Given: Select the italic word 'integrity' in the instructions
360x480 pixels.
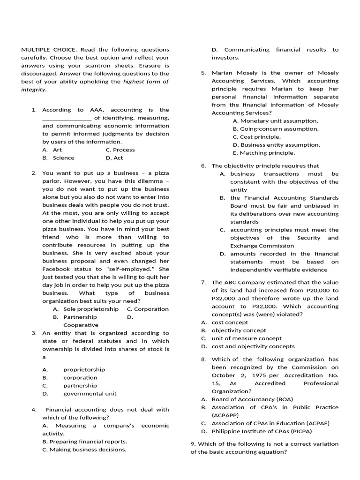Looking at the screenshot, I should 33,89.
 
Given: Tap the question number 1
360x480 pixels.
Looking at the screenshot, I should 34,110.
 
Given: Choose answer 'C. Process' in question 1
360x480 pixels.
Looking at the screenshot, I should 120,150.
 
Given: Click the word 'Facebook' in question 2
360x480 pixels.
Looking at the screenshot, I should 55,269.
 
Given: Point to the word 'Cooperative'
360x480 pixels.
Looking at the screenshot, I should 81,325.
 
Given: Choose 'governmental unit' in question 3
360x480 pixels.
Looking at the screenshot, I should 90,393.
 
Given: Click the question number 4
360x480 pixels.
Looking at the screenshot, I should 34,410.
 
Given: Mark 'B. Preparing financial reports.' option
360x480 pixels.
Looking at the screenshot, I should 84,442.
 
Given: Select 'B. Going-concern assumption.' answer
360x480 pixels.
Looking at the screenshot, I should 276,128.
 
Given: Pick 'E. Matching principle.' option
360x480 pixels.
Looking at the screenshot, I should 264,152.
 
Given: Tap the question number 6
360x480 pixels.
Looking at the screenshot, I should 203,165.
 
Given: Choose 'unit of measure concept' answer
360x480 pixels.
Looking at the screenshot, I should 247,338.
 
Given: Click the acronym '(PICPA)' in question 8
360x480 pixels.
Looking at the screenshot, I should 300,431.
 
